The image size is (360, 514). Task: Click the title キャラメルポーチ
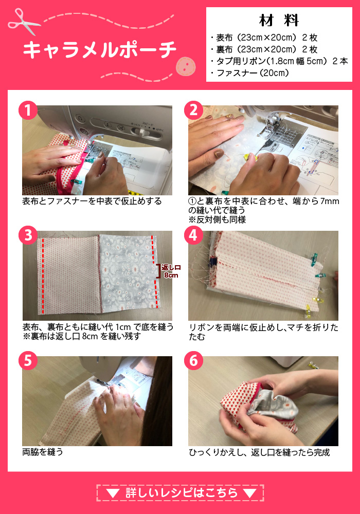(x=100, y=50)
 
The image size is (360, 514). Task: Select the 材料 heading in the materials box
(x=279, y=21)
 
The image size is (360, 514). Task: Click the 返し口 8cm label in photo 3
(x=170, y=271)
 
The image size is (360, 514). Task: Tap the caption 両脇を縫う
(x=43, y=452)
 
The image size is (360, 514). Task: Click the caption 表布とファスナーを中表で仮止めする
(x=92, y=201)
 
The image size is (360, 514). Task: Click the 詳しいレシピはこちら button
(x=180, y=493)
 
